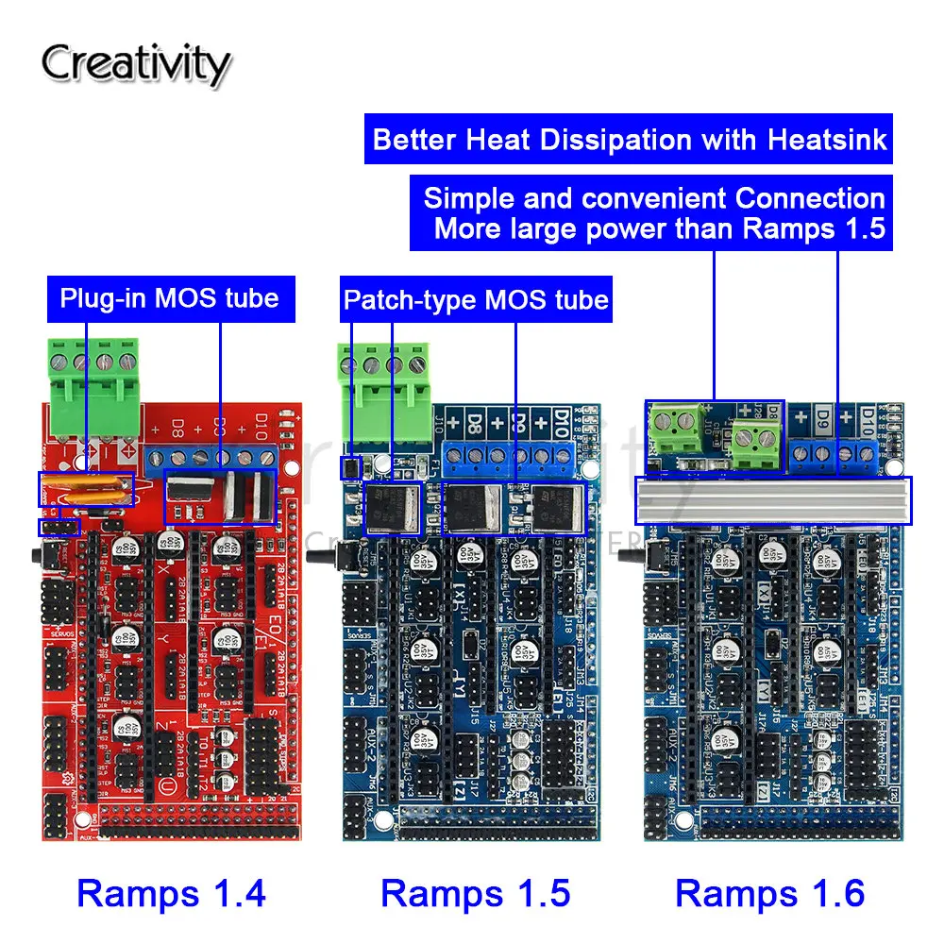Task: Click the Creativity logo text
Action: (x=135, y=64)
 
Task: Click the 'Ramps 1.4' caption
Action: (x=171, y=892)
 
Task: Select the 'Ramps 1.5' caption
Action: (x=475, y=892)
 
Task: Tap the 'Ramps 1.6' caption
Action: (x=770, y=892)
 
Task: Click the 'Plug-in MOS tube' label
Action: (x=169, y=298)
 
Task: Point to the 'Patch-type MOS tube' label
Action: (x=476, y=300)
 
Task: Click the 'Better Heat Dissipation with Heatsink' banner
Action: (x=630, y=140)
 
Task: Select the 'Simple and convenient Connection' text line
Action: (x=653, y=198)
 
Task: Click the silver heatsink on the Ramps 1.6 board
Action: (x=773, y=499)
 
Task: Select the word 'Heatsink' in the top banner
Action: (x=827, y=140)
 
